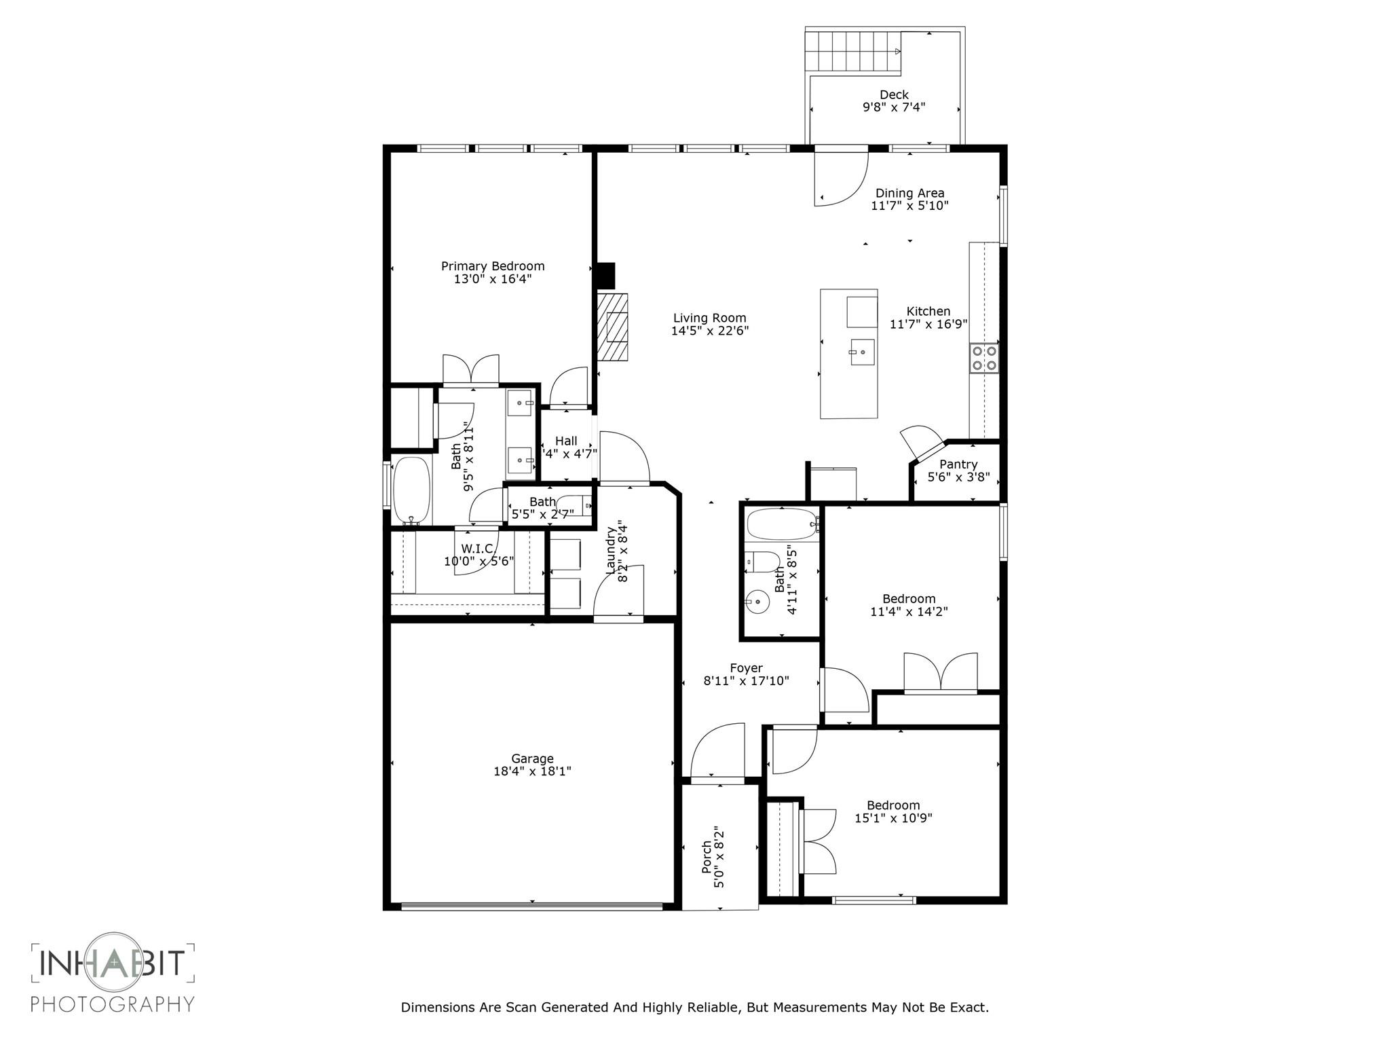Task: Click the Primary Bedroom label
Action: (493, 266)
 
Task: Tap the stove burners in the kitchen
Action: (984, 358)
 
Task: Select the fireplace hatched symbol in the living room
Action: (613, 327)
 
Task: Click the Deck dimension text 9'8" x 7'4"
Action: (894, 107)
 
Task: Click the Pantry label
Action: (958, 464)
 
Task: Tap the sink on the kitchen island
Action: (862, 352)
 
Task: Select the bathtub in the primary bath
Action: (411, 490)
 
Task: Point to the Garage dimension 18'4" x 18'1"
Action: (532, 771)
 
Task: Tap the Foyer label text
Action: (746, 668)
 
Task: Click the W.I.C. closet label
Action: (476, 549)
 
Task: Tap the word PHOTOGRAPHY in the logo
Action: (113, 1004)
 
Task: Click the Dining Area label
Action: (909, 193)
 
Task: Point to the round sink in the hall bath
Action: (756, 602)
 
